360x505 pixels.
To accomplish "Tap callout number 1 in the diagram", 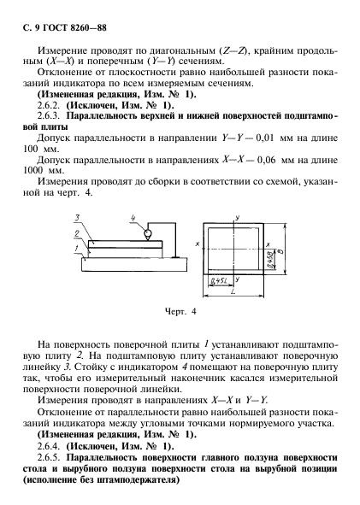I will [75, 248].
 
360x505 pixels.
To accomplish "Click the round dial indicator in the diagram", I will [147, 233].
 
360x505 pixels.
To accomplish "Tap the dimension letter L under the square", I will [233, 292].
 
